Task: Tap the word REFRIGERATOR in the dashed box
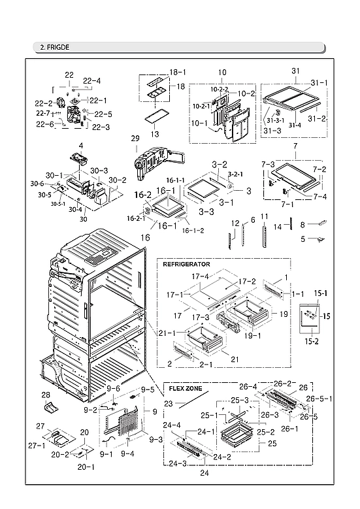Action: pyautogui.click(x=186, y=264)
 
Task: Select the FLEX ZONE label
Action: pyautogui.click(x=185, y=388)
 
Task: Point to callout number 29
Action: pyautogui.click(x=135, y=139)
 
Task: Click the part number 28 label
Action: pyautogui.click(x=46, y=395)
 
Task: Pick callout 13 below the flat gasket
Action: pyautogui.click(x=155, y=134)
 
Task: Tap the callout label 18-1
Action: pyautogui.click(x=178, y=72)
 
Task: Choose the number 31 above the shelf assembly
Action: pyautogui.click(x=295, y=71)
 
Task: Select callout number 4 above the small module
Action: pyautogui.click(x=81, y=144)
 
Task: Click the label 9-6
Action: pyautogui.click(x=114, y=389)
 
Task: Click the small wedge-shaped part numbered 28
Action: pyautogui.click(x=48, y=407)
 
